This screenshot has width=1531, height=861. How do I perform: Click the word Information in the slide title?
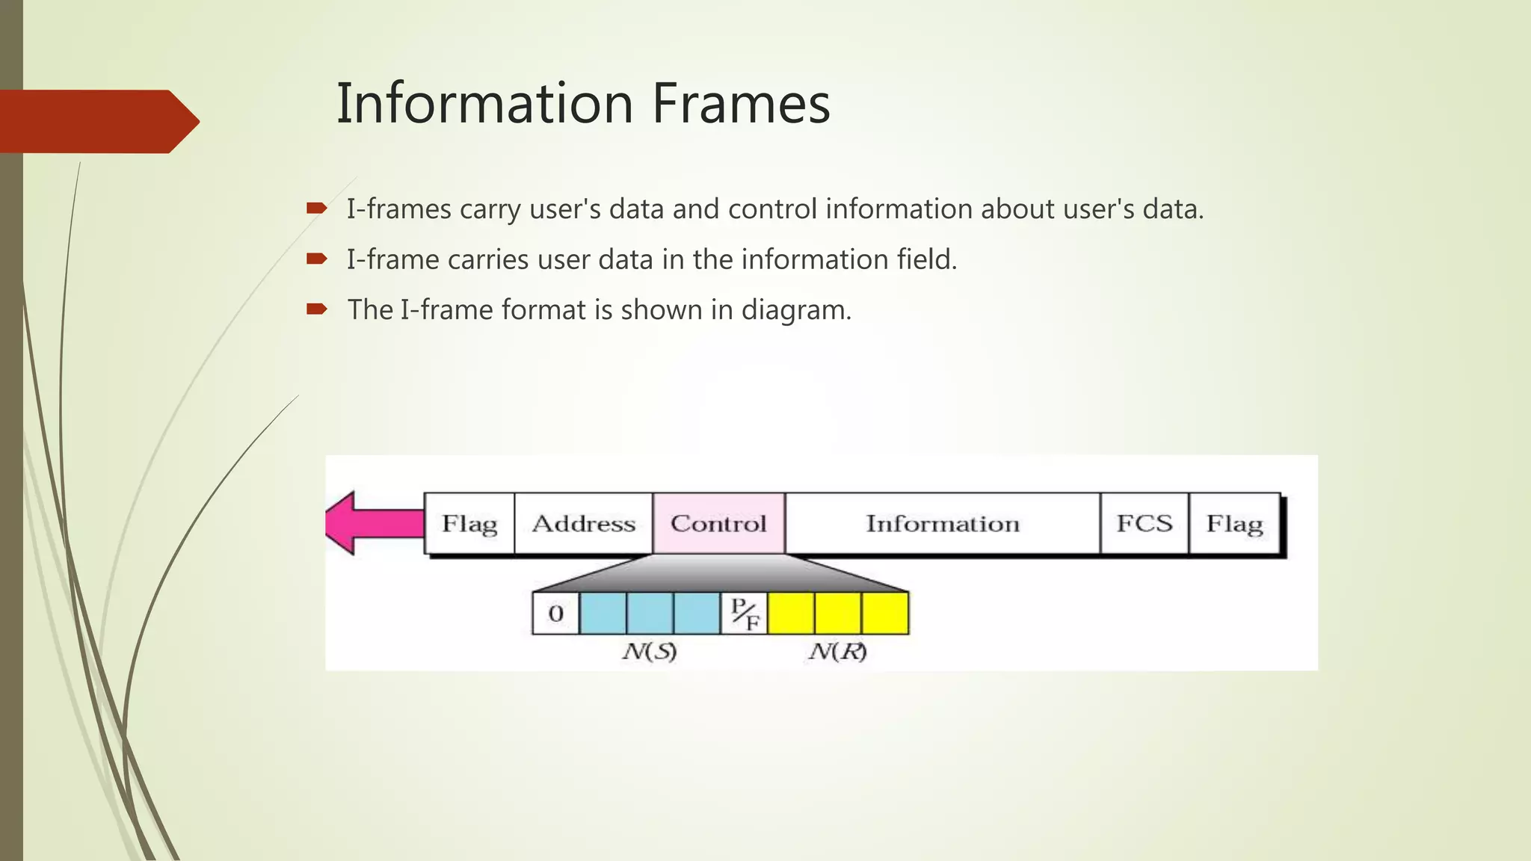pyautogui.click(x=485, y=103)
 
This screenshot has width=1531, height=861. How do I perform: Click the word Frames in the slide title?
pyautogui.click(x=741, y=103)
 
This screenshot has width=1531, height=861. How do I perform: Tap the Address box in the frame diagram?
pyautogui.click(x=583, y=523)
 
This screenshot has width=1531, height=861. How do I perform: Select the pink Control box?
pyautogui.click(x=718, y=523)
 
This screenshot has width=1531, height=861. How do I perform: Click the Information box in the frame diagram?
pyautogui.click(x=942, y=523)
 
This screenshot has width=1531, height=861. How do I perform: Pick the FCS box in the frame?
pyautogui.click(x=1144, y=523)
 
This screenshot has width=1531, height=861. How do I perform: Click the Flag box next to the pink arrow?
pyautogui.click(x=469, y=523)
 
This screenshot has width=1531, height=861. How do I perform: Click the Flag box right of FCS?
pyautogui.click(x=1234, y=523)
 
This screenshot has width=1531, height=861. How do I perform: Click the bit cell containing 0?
pyautogui.click(x=555, y=614)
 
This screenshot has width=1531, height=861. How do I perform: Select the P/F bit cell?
pyautogui.click(x=744, y=614)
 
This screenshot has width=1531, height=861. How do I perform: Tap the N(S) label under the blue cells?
pyautogui.click(x=649, y=652)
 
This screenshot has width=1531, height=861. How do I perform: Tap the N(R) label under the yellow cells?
pyautogui.click(x=837, y=652)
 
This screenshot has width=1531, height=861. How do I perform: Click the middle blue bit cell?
pyautogui.click(x=650, y=614)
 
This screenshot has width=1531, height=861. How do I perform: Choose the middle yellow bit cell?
pyautogui.click(x=838, y=614)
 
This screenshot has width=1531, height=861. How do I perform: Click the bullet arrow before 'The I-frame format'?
pyautogui.click(x=317, y=309)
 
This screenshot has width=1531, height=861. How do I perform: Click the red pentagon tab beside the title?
pyautogui.click(x=97, y=121)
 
